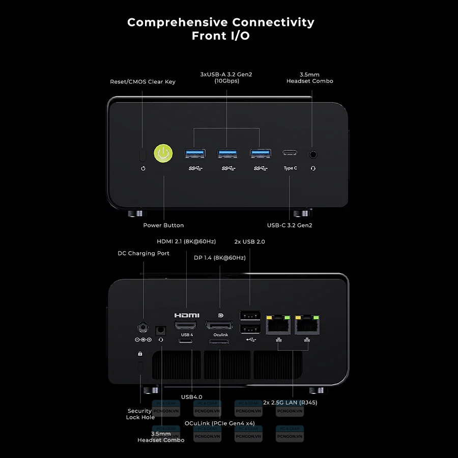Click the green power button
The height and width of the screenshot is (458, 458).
pyautogui.click(x=163, y=153)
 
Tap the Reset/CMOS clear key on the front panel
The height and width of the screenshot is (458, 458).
pyautogui.click(x=143, y=154)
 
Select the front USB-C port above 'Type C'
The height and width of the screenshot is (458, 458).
pyautogui.click(x=290, y=153)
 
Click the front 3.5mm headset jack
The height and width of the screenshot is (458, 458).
pyautogui.click(x=313, y=153)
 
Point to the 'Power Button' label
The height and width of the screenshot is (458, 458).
pyautogui.click(x=163, y=225)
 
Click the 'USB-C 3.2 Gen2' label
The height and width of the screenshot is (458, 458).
pyautogui.click(x=290, y=225)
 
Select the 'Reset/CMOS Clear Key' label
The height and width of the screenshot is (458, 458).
pyautogui.click(x=142, y=82)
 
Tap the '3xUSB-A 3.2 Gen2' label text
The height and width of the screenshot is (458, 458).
pyautogui.click(x=226, y=75)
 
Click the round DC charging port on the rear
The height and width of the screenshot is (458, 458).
pyautogui.click(x=143, y=326)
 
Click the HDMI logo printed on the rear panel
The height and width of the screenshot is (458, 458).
pyautogui.click(x=187, y=316)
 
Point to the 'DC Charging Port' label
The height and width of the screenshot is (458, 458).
pyautogui.click(x=144, y=253)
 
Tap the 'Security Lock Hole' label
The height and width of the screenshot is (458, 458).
pyautogui.click(x=140, y=414)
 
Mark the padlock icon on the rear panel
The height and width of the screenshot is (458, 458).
pyautogui.click(x=140, y=354)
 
